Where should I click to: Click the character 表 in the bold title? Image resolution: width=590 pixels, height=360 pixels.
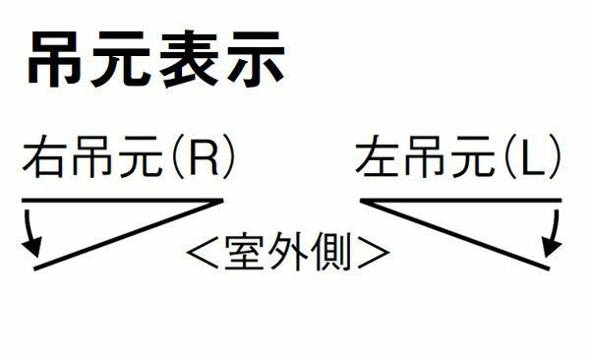pos(189,59)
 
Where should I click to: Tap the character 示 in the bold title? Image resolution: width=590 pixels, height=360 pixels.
pos(256,58)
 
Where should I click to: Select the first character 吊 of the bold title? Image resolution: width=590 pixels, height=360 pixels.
pos(54,59)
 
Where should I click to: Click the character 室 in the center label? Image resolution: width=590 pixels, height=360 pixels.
pos(244,251)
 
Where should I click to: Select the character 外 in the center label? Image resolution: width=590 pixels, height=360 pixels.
pos(287,251)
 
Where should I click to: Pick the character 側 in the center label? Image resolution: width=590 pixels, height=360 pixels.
pos(331,251)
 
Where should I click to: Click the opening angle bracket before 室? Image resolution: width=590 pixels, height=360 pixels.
pos(202,252)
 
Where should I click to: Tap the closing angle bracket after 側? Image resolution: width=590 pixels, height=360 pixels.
pos(374,252)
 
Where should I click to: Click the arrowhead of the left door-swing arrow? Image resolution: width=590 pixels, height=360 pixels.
pos(32,248)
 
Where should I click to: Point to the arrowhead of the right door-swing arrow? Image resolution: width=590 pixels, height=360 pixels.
pos(552,248)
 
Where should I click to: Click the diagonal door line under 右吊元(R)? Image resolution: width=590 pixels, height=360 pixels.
pos(128,235)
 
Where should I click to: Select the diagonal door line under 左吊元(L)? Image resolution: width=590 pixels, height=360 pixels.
pos(455,235)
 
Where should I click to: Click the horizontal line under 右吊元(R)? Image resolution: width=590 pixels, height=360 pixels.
pos(123,201)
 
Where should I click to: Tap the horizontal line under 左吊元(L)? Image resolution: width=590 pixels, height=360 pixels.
pos(461,201)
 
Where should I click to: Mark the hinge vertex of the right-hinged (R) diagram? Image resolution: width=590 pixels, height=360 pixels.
pos(222,201)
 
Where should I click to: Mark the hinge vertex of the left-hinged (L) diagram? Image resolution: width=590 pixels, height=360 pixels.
pos(362,201)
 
